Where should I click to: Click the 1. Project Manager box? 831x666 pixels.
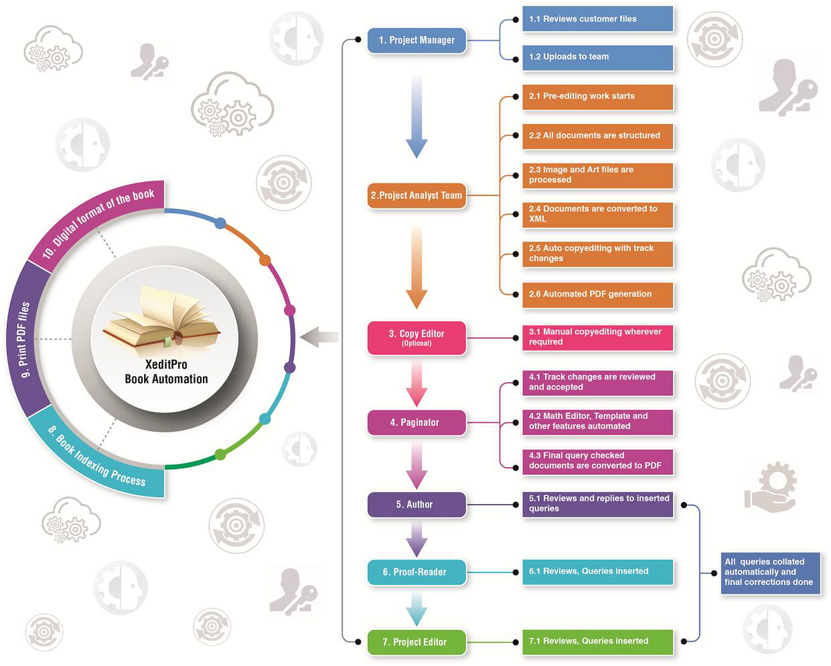[x=416, y=40]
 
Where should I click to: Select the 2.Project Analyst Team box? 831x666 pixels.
[x=416, y=195]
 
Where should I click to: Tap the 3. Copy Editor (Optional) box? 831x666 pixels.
[x=416, y=337]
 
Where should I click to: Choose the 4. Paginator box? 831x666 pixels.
[x=416, y=422]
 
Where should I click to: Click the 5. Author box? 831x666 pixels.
[x=416, y=504]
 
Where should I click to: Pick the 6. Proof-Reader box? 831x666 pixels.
[x=416, y=572]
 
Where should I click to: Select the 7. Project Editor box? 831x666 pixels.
[x=416, y=642]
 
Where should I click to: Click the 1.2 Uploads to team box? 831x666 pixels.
[x=598, y=57]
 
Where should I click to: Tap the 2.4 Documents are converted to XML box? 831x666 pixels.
[x=598, y=214]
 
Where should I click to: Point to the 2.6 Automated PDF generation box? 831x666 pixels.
[x=598, y=294]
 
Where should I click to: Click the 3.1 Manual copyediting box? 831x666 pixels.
[x=598, y=337]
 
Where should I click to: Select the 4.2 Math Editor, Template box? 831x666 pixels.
[x=598, y=422]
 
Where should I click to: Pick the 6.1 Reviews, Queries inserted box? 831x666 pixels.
[x=598, y=572]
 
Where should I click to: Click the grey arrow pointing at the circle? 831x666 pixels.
[x=320, y=337]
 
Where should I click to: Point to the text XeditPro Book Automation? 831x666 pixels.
[x=166, y=372]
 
